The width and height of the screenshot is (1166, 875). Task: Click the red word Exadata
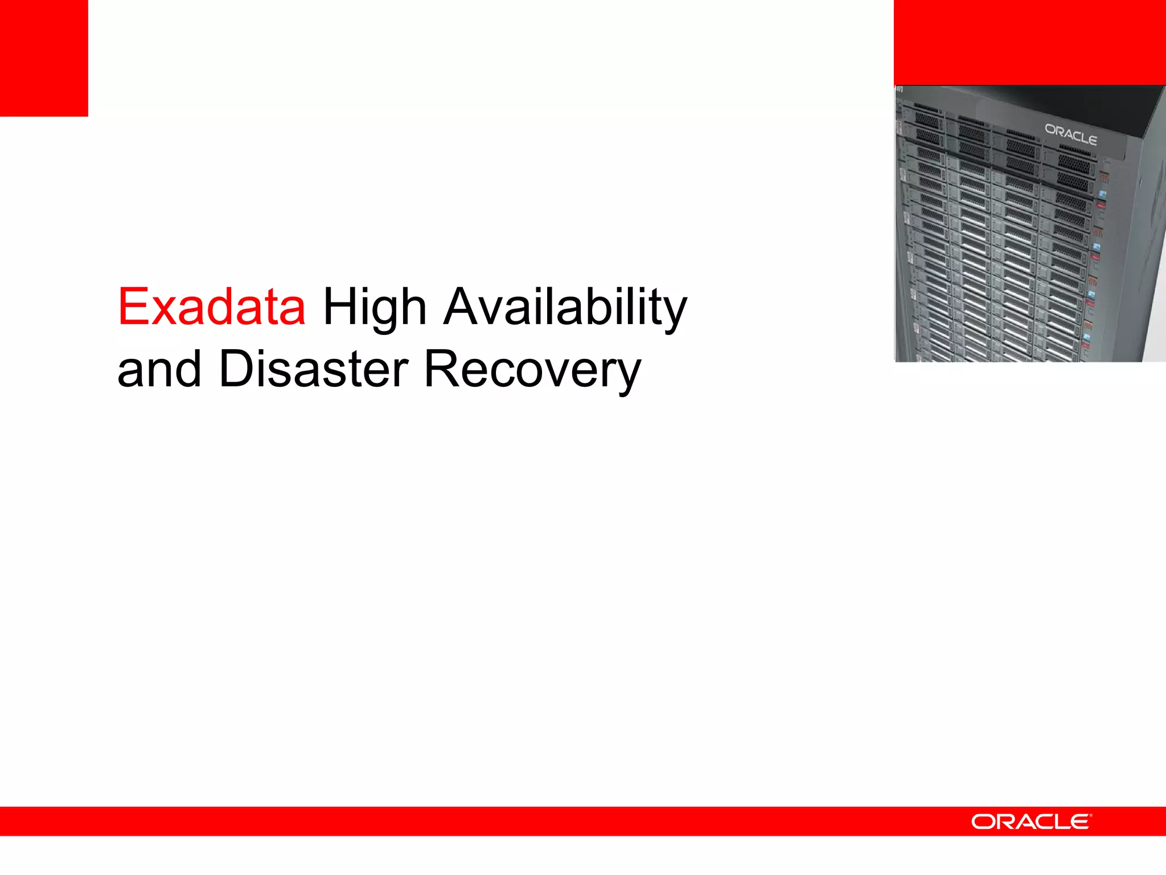pos(212,308)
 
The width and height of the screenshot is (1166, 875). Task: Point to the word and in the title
pos(159,370)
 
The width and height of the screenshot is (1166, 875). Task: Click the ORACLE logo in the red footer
pos(1030,821)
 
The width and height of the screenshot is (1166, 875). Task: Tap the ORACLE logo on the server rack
pos(1070,134)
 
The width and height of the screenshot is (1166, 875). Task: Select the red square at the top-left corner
pos(44,58)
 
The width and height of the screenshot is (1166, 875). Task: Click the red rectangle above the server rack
pos(1029,42)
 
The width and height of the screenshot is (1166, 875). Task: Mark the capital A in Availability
pos(463,308)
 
